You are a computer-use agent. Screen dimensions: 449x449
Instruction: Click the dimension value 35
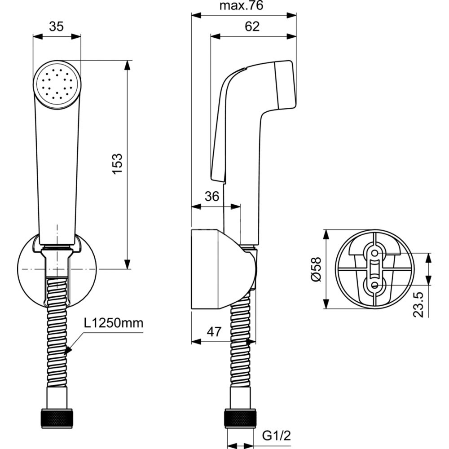click(x=56, y=26)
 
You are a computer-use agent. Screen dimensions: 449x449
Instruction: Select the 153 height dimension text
click(x=117, y=163)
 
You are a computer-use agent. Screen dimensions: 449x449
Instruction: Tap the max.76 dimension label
click(x=241, y=5)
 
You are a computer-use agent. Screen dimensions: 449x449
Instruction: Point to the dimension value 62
click(x=252, y=26)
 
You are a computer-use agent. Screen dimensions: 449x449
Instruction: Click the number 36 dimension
click(x=212, y=197)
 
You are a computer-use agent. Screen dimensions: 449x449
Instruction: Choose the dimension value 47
click(x=214, y=332)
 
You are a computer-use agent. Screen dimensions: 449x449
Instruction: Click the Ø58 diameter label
click(x=316, y=269)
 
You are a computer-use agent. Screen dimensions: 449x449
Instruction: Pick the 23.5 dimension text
click(x=418, y=304)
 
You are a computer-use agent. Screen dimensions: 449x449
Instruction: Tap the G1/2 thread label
click(x=277, y=436)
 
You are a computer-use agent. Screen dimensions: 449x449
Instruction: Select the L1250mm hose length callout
click(x=114, y=323)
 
